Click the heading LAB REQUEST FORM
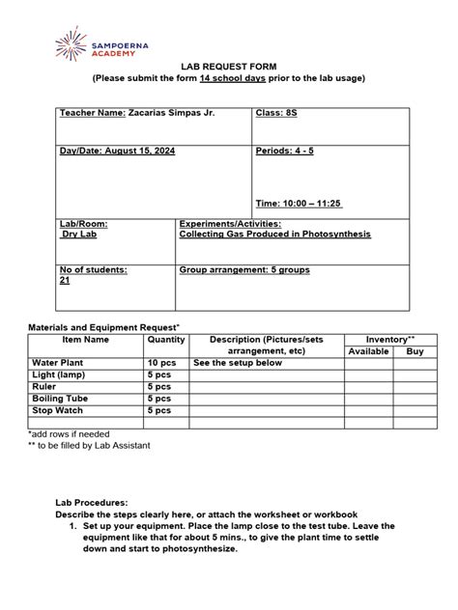(x=229, y=62)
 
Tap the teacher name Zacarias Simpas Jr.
(x=171, y=114)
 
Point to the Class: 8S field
(x=275, y=114)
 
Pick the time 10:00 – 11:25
(x=299, y=204)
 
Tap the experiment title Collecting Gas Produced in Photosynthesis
(x=274, y=235)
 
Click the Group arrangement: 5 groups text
(x=244, y=270)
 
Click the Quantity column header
(x=166, y=340)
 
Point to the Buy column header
(x=415, y=352)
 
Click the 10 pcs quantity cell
(x=162, y=363)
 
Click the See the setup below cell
(x=238, y=363)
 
